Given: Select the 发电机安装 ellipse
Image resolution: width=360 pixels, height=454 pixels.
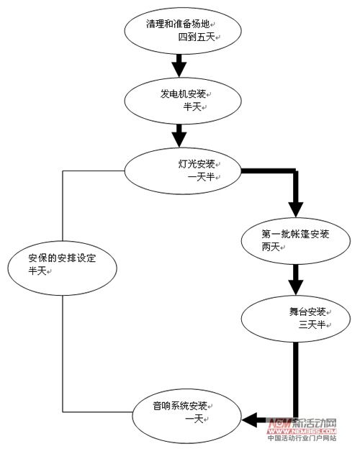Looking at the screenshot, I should point(178,100).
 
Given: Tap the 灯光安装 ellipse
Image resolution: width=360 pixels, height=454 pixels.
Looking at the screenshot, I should point(183,170).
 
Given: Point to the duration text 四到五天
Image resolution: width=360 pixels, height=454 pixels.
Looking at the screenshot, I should point(197,36).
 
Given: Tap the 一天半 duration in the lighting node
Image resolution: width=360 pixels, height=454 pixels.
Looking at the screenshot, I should point(194,177).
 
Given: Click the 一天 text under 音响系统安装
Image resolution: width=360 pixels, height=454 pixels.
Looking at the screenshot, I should point(194,419).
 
